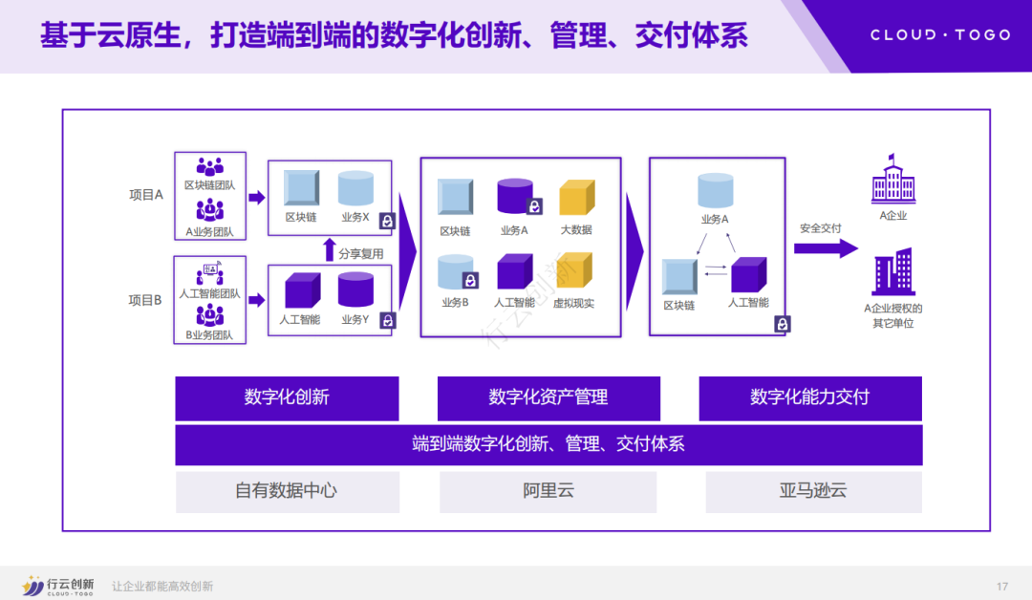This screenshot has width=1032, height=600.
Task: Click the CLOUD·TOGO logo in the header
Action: tap(939, 35)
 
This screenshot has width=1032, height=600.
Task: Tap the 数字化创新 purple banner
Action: tap(287, 397)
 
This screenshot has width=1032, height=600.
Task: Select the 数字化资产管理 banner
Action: tap(548, 397)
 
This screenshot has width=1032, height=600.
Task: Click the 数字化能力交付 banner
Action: tap(810, 397)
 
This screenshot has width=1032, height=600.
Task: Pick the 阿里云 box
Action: tap(548, 491)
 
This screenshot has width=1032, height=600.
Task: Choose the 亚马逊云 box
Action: tap(813, 491)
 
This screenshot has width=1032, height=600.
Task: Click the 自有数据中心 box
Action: tap(287, 491)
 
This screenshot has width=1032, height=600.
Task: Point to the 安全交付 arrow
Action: tap(826, 248)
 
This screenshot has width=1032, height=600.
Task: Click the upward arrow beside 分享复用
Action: tap(329, 251)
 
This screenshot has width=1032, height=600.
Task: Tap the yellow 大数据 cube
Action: tap(576, 198)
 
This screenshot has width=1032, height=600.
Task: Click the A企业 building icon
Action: tap(893, 180)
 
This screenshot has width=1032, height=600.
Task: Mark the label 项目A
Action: tap(146, 194)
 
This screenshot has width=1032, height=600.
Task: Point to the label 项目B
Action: tap(146, 299)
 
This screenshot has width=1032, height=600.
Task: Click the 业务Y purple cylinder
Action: tap(355, 289)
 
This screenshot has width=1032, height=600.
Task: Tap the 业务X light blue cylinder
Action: tap(355, 188)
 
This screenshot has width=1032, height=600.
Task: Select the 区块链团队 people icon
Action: tap(209, 166)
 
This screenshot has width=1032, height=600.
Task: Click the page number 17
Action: tap(1002, 586)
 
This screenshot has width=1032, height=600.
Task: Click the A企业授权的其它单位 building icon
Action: tap(893, 271)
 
